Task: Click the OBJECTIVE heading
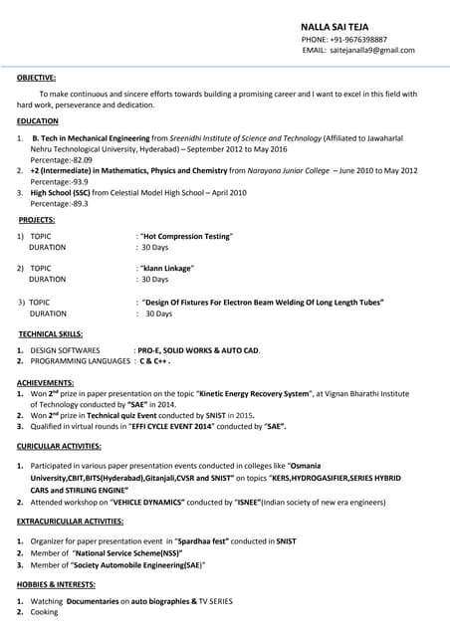click(x=36, y=77)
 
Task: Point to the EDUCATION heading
click(x=37, y=121)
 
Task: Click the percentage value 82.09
click(x=79, y=159)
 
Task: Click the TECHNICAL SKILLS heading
click(x=51, y=334)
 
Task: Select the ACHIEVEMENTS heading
click(x=46, y=383)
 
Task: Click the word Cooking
click(x=45, y=612)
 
